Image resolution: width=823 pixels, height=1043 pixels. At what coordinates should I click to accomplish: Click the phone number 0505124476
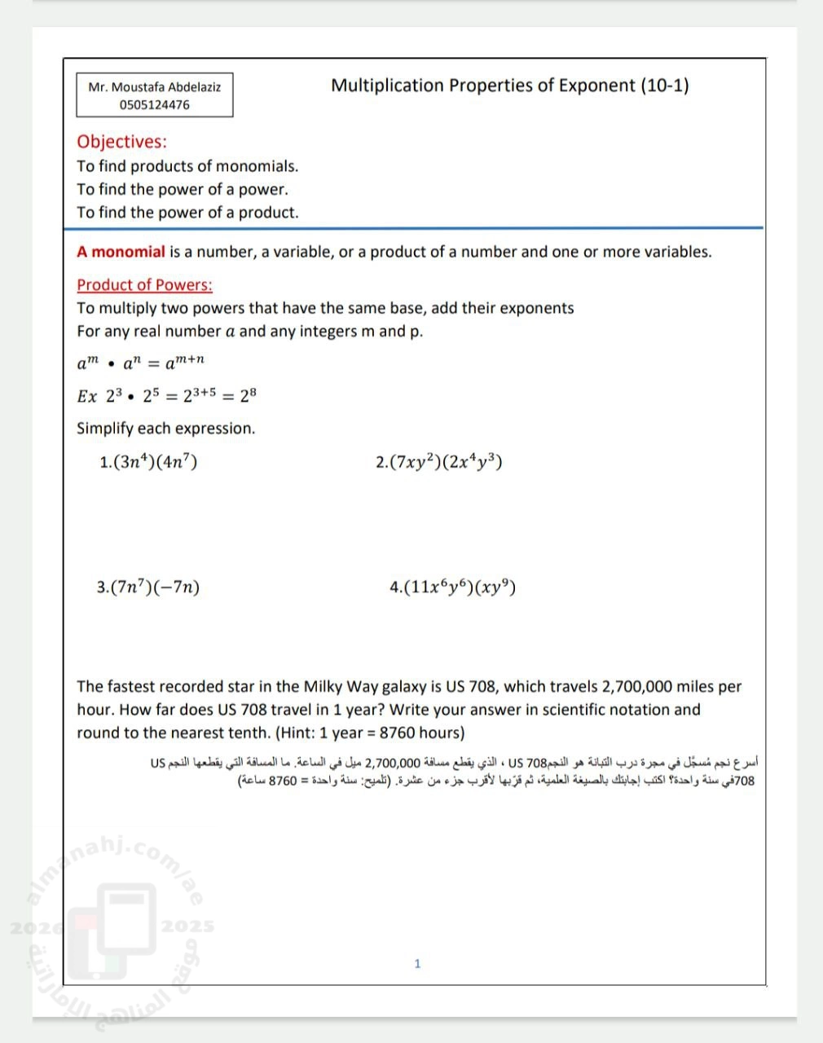(x=155, y=105)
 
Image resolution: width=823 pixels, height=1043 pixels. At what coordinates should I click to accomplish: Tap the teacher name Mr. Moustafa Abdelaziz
(x=155, y=87)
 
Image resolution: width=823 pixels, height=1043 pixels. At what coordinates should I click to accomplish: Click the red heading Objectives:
(x=121, y=142)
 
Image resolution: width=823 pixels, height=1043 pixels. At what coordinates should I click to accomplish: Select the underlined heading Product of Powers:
(x=144, y=285)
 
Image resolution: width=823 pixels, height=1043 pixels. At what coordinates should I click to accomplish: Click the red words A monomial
(x=121, y=252)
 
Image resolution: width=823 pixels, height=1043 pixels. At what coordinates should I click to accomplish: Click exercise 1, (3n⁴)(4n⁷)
(x=148, y=462)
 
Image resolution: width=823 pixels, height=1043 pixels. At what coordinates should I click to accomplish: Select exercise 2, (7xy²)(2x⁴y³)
(x=438, y=462)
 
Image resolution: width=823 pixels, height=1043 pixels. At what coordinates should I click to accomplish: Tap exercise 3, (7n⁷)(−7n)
(x=148, y=587)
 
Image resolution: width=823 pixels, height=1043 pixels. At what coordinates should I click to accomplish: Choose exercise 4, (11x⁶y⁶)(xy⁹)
(x=452, y=587)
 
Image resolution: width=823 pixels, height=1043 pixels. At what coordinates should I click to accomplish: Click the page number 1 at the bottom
(x=417, y=964)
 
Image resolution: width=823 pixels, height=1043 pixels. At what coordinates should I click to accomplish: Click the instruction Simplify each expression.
(x=165, y=429)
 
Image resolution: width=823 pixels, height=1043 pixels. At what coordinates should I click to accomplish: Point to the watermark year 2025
(x=187, y=926)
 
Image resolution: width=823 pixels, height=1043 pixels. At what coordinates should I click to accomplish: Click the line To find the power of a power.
(x=183, y=190)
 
